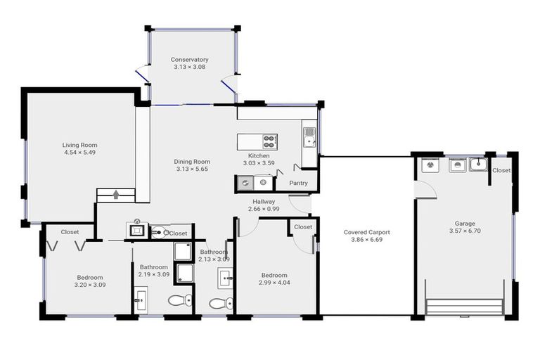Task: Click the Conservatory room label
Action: [189, 60]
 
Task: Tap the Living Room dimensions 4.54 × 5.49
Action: [79, 153]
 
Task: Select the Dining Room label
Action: [192, 162]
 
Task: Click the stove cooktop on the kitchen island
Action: [269, 141]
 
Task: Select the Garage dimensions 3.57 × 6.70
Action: [465, 231]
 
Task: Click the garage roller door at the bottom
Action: [465, 307]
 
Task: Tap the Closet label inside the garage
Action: [501, 170]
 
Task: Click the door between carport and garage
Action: [424, 188]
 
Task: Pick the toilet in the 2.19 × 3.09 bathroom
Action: [181, 301]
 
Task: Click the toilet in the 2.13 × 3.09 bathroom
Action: [221, 303]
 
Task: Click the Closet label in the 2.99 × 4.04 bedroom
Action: [303, 227]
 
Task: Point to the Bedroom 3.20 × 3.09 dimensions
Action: [89, 285]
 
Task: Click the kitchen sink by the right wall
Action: [309, 135]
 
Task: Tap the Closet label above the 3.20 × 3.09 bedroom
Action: [70, 231]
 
